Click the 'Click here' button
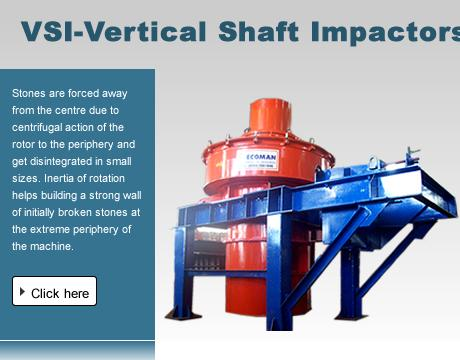coord(54,292)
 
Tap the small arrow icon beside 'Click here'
coord(22,292)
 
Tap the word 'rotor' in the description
coord(27,143)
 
